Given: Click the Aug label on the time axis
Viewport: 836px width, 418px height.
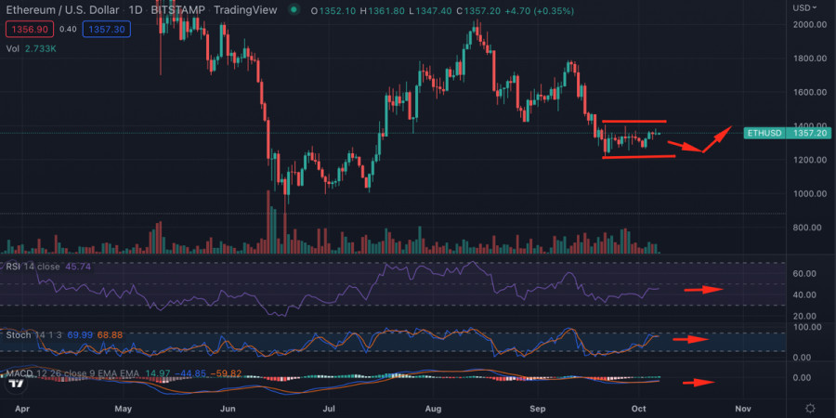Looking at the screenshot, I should pyautogui.click(x=432, y=407).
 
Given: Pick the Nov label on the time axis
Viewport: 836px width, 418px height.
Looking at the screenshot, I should pyautogui.click(x=742, y=407).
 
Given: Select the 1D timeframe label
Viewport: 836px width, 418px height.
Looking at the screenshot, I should pyautogui.click(x=136, y=9).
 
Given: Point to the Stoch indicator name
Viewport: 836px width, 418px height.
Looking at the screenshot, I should pyautogui.click(x=20, y=333).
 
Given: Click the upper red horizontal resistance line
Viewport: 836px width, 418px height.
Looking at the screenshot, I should pyautogui.click(x=634, y=122).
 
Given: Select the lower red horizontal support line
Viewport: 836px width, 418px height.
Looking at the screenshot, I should pyautogui.click(x=637, y=156).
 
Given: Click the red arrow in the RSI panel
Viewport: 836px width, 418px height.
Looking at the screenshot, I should pyautogui.click(x=704, y=290).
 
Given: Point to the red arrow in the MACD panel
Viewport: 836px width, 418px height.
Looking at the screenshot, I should pyautogui.click(x=699, y=382).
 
